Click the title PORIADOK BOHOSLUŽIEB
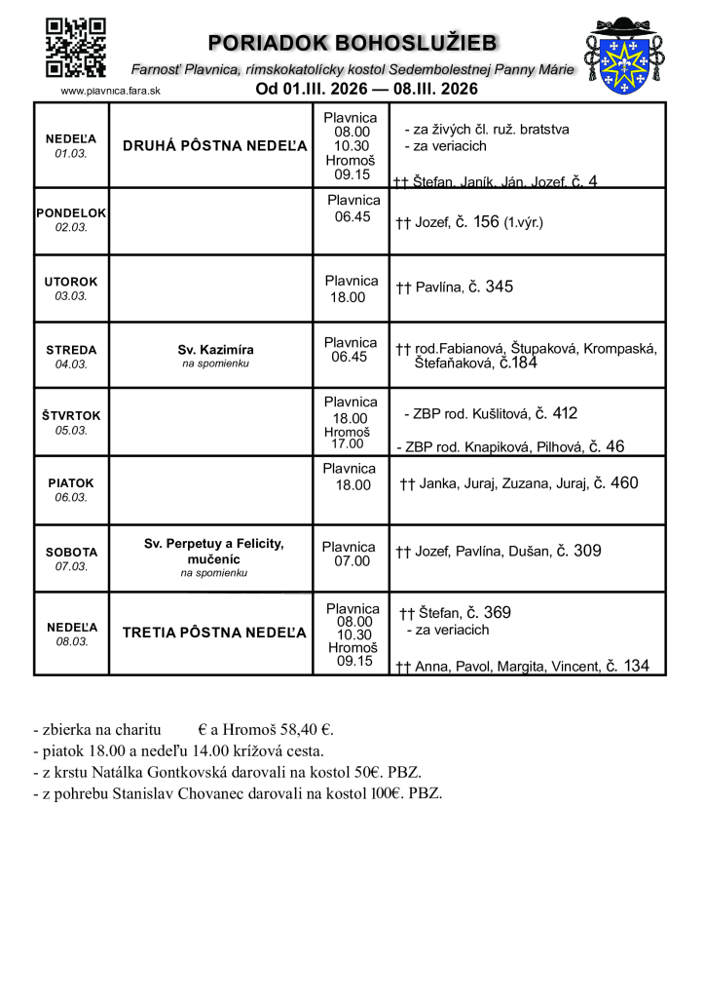352,43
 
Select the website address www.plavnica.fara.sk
110,90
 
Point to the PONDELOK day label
71,212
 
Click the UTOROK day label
71,282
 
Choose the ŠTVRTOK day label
71,415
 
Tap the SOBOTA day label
71,552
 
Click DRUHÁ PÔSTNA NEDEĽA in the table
215,146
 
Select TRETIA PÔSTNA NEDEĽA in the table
215,633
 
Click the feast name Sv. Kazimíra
215,349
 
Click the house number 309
587,551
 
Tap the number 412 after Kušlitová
565,413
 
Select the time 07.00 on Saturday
352,560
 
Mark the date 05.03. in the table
71,430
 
